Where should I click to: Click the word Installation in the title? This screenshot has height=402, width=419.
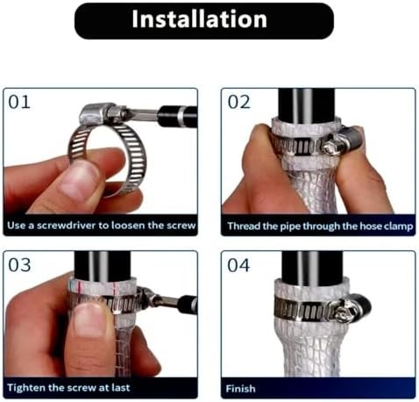coord(200,19)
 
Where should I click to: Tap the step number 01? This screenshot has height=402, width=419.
coord(19,102)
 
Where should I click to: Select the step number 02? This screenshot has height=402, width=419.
coord(238,102)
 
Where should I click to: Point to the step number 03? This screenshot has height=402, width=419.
coord(19,265)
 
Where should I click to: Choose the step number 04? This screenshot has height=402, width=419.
coord(238,265)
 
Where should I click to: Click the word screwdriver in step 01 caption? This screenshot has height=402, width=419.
coord(67,226)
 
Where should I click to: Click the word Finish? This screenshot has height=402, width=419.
coord(241,389)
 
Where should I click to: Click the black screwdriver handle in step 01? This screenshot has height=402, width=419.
coord(177,117)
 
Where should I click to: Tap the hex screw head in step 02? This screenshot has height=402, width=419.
coord(330,147)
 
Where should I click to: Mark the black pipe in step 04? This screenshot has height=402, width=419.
coord(312,268)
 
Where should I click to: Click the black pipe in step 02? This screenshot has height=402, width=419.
coord(306,106)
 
